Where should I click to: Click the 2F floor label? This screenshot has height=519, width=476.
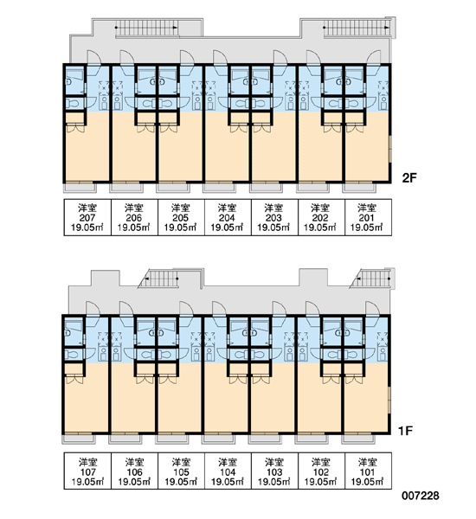tap(409, 178)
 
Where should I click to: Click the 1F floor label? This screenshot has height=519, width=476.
tap(405, 431)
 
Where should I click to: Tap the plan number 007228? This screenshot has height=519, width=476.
tap(421, 496)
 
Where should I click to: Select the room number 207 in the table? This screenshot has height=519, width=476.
tap(87, 218)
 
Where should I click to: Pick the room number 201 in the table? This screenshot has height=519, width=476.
tap(367, 218)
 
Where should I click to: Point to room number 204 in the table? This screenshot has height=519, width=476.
tap(228, 218)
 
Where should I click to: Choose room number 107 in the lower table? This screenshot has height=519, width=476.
tap(87, 472)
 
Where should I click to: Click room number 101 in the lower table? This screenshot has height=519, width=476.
tap(367, 472)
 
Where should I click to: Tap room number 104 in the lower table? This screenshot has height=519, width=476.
tap(228, 472)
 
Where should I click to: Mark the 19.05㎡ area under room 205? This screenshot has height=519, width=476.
tap(181, 227)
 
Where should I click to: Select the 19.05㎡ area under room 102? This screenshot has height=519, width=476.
tap(320, 482)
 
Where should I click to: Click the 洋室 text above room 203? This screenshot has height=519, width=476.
tap(274, 208)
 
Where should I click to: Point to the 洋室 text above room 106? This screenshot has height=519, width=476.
tap(134, 462)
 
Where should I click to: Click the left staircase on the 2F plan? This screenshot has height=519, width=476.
tap(147, 28)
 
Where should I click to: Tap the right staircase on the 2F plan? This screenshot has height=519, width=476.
tap(357, 28)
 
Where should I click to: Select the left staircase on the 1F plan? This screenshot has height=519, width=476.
tap(159, 279)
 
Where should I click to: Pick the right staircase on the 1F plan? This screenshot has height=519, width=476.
tap(370, 279)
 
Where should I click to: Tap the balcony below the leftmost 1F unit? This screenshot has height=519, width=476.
tap(79, 439)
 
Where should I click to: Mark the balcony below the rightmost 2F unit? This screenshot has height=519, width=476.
tap(359, 188)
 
